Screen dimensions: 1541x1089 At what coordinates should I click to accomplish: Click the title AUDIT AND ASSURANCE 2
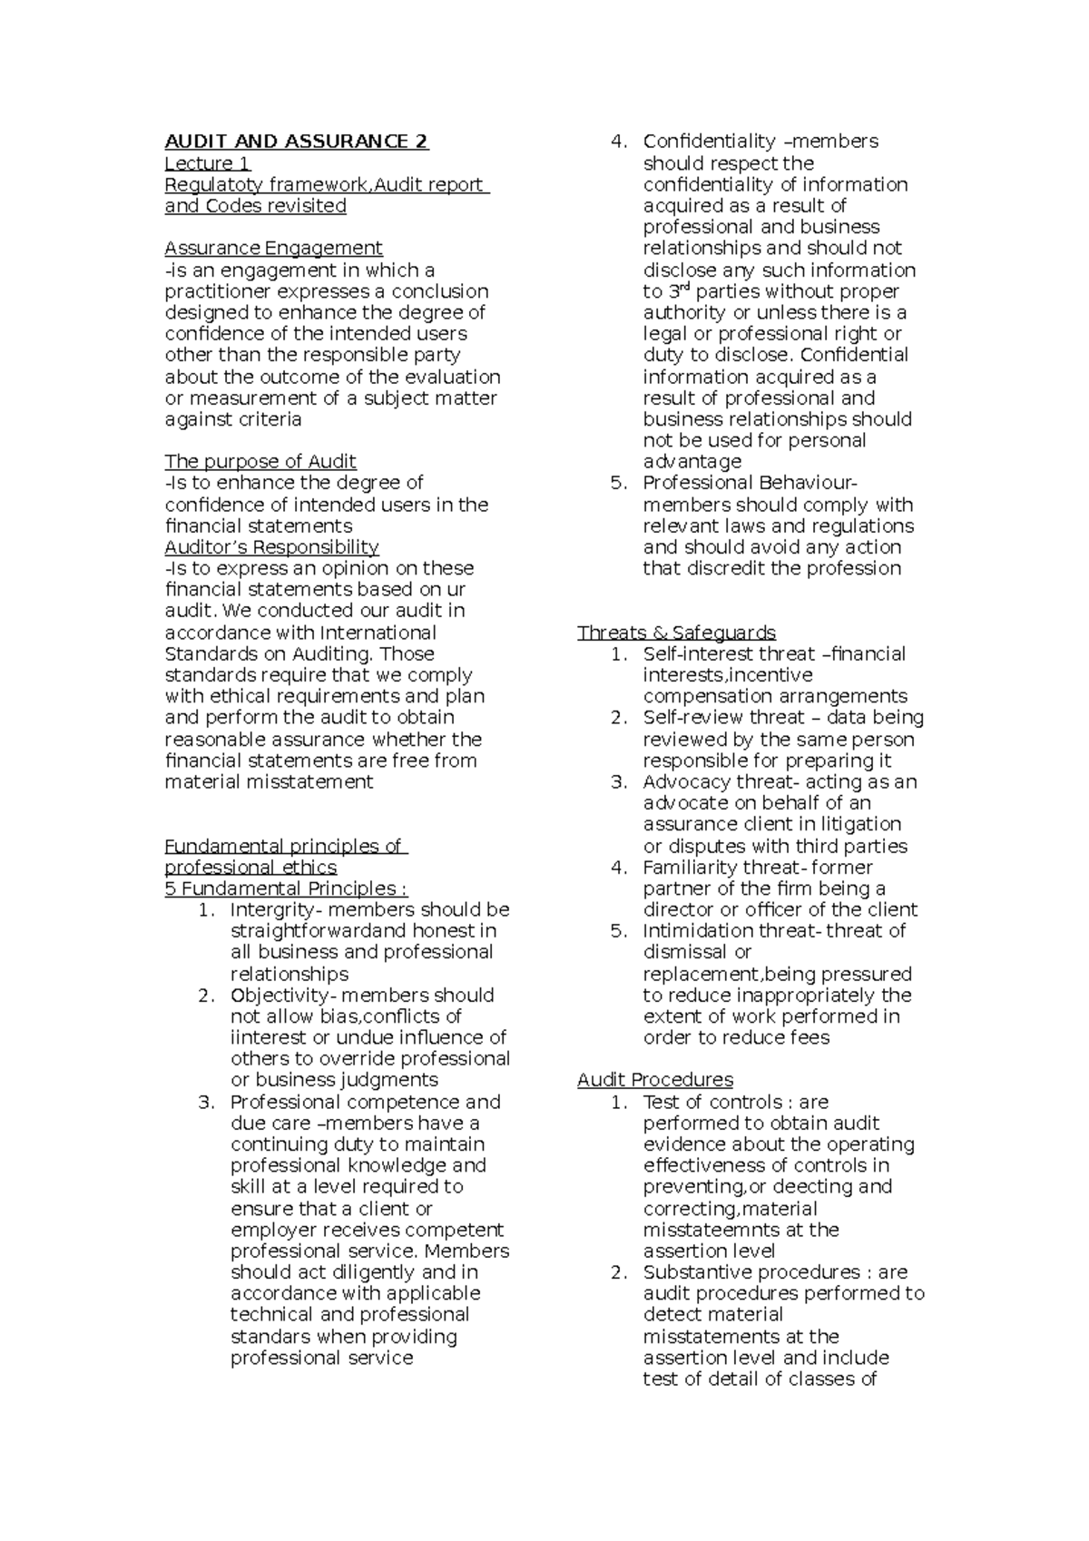[x=296, y=142]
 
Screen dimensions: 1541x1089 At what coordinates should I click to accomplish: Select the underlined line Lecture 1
[x=207, y=163]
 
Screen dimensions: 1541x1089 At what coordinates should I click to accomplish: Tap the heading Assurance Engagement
[x=273, y=248]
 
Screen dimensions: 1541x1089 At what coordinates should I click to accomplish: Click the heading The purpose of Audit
[x=260, y=461]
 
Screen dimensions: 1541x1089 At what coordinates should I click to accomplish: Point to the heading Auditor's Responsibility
[x=271, y=546]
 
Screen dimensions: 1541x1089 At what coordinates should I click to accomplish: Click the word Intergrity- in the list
[x=273, y=909]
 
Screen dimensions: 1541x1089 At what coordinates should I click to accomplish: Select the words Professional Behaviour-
[x=750, y=483]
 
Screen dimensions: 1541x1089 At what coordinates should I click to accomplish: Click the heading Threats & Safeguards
[x=676, y=633]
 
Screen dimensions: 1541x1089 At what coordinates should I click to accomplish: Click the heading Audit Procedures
[x=654, y=1080]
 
